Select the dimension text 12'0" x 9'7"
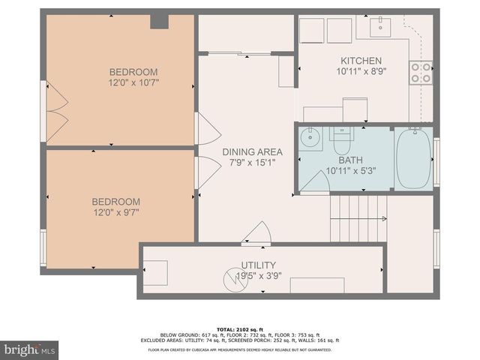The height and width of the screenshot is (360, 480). (115, 212)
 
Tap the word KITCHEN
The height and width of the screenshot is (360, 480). (361, 61)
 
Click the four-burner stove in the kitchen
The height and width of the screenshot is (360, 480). (421, 72)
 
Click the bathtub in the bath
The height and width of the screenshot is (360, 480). (413, 158)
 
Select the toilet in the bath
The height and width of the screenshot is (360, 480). (343, 139)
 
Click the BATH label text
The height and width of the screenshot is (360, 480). (350, 160)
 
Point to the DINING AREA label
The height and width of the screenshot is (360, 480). (247, 151)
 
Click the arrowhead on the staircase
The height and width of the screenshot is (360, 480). (385, 219)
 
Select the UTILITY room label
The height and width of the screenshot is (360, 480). (258, 265)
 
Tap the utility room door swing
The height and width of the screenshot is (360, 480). (256, 232)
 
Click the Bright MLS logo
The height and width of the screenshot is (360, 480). (30, 349)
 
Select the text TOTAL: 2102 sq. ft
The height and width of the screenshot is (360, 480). (239, 328)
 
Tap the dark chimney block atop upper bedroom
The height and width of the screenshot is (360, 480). (159, 21)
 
